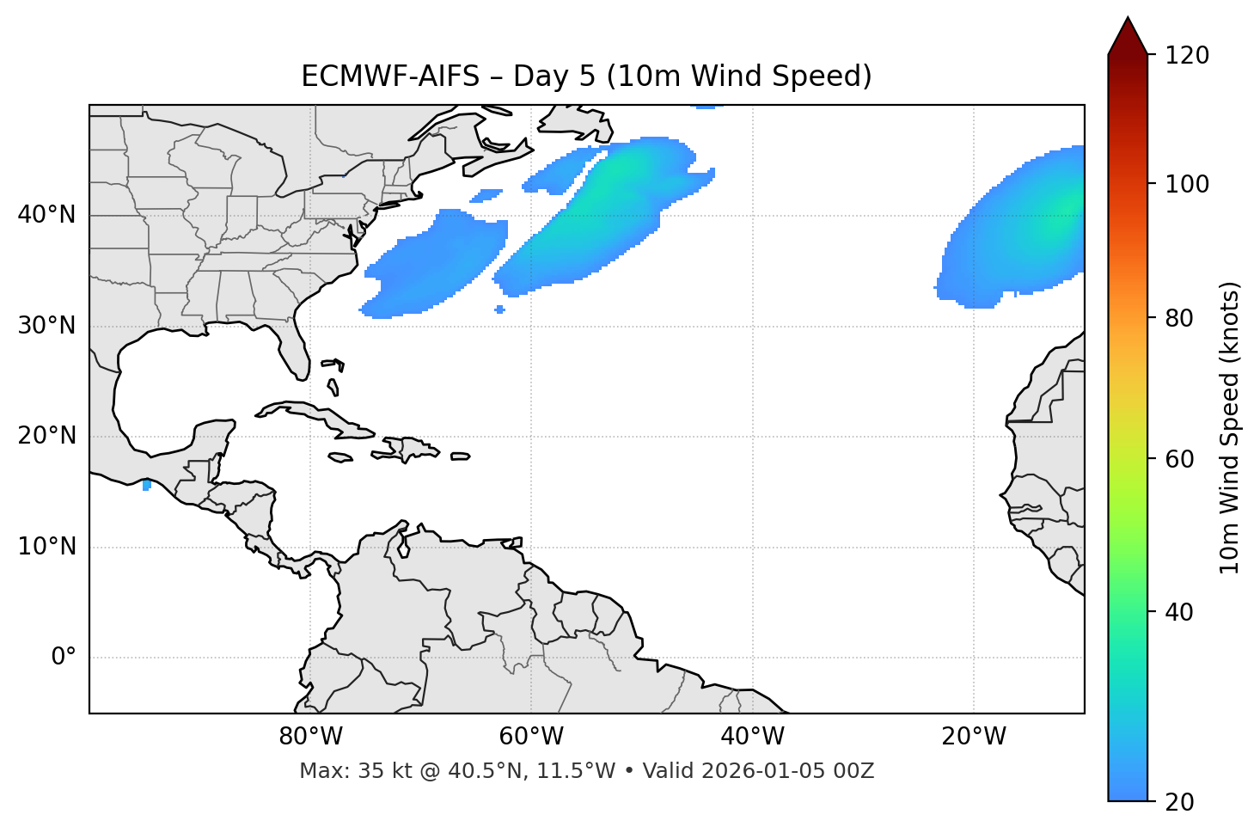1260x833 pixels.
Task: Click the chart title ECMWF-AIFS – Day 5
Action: click(586, 77)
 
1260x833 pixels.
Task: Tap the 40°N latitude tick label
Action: click(46, 215)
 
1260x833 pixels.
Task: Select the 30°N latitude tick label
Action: click(46, 326)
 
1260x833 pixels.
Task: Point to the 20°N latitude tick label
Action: click(46, 436)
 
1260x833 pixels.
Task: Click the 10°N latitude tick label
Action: click(46, 547)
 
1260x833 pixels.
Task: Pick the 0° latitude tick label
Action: click(63, 658)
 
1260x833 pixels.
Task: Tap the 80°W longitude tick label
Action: click(310, 737)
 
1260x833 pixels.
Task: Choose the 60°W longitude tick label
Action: click(531, 737)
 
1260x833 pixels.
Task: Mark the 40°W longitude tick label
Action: click(752, 737)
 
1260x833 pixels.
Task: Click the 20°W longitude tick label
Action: click(973, 737)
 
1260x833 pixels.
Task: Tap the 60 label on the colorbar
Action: click(1183, 459)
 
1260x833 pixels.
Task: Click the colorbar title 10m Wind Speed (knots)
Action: click(1230, 428)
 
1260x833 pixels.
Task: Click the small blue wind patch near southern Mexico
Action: click(147, 485)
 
